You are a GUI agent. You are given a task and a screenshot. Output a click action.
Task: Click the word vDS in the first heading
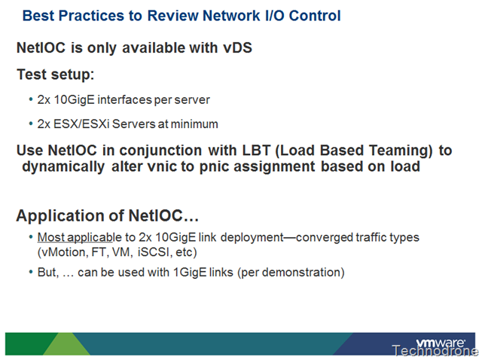tap(238, 47)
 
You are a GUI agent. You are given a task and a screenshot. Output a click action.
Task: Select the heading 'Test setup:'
tap(55, 75)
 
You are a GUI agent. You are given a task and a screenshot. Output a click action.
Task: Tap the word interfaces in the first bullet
tap(124, 99)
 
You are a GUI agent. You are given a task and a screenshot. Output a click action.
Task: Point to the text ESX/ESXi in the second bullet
tap(81, 124)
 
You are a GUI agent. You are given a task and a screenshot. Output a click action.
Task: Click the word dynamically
tap(63, 167)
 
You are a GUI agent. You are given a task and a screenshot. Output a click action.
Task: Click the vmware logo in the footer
tap(440, 343)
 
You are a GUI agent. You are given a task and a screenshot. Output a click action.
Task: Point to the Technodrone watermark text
tap(435, 350)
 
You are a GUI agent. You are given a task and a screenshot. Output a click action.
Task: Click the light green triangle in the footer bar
tap(66, 343)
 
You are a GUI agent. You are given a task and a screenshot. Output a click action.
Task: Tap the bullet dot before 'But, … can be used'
tap(30, 273)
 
